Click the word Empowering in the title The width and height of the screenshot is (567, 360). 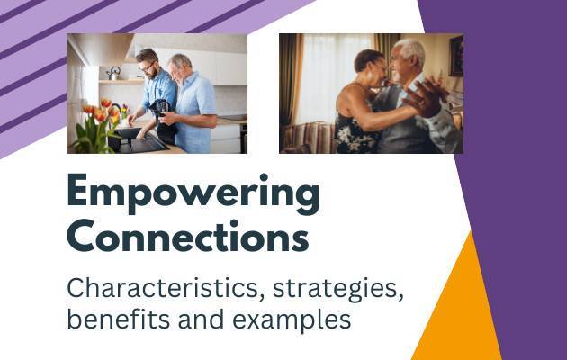[193, 194]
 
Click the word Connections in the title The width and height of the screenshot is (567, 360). [188, 236]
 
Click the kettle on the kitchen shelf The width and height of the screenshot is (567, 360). [114, 73]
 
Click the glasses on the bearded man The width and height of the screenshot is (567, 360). [148, 67]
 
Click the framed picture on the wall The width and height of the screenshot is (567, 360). [456, 56]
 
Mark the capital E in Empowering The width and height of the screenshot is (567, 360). [77, 190]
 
